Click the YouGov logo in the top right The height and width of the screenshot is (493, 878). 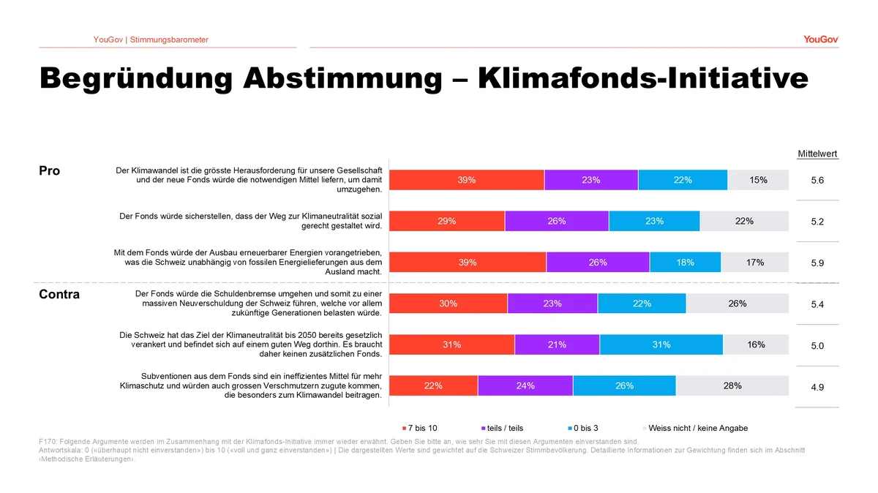820,39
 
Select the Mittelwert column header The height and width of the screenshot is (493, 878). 817,154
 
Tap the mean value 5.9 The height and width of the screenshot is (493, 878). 817,263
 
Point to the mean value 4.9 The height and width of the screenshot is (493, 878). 817,387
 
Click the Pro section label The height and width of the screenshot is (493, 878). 49,171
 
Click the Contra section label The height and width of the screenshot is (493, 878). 59,295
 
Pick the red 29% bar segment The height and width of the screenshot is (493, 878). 447,221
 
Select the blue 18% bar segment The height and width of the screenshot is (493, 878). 685,263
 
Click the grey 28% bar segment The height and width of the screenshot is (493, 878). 732,386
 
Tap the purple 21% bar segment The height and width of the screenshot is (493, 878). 557,345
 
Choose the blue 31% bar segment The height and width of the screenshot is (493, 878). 661,345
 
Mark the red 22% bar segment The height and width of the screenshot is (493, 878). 433,386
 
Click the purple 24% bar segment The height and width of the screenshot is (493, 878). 525,386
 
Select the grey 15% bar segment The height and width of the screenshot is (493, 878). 758,180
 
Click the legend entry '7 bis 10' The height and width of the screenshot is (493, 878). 421,428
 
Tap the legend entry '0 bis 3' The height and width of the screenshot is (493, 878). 584,428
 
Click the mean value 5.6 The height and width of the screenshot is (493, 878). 817,180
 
